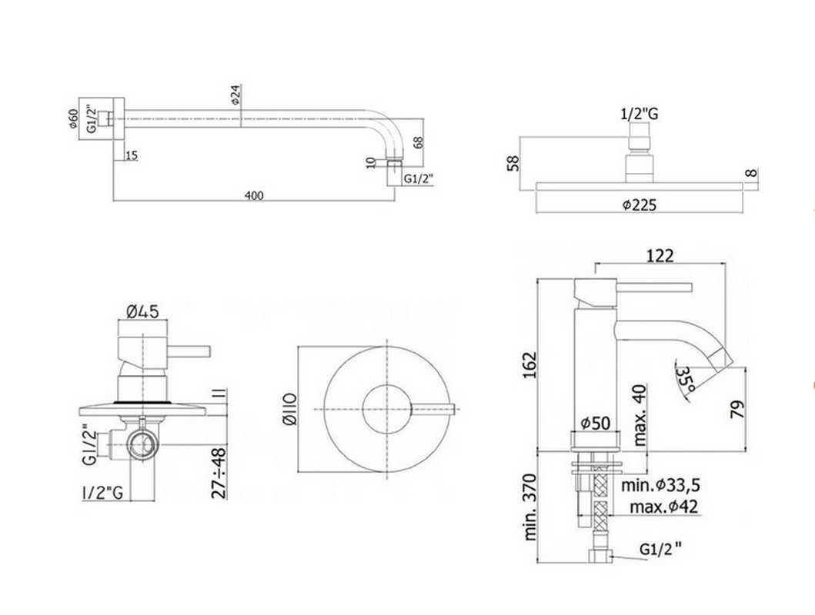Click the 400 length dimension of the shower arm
point(254,196)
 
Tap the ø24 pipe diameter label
point(235,95)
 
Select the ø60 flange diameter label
point(73,119)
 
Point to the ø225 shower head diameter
point(640,205)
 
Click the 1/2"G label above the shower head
point(640,114)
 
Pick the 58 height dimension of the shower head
point(513,162)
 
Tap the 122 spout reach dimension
point(660,256)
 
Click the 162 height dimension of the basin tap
point(529,365)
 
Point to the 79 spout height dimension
point(737,410)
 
